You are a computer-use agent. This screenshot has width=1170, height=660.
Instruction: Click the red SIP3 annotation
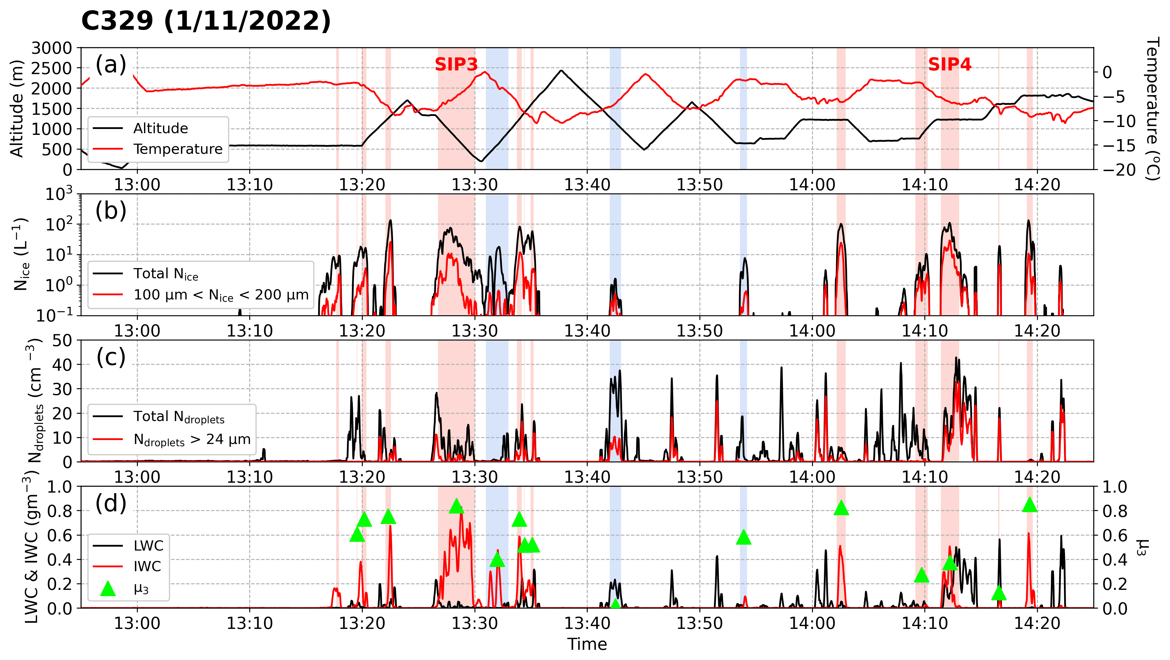[x=456, y=64]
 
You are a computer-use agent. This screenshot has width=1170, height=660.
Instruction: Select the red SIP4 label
[x=949, y=64]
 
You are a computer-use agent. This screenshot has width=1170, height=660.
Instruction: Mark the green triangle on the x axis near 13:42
[x=615, y=604]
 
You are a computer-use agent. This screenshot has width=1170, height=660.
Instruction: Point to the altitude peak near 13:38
[x=562, y=70]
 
